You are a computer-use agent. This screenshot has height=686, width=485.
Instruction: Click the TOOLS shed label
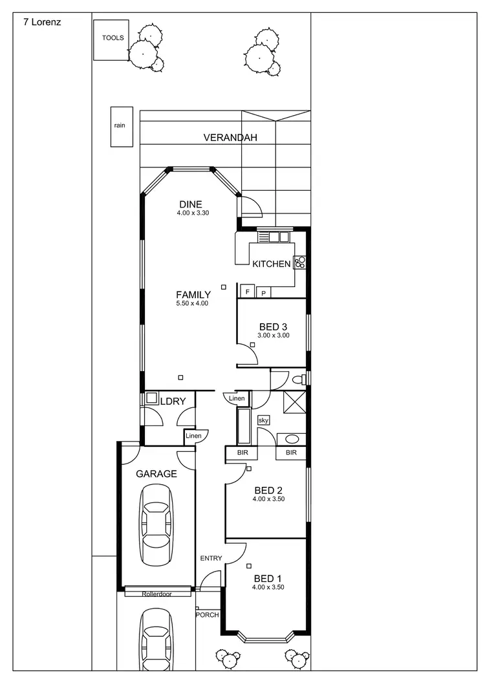click(113, 38)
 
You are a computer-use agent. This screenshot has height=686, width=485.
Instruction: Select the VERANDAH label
click(230, 138)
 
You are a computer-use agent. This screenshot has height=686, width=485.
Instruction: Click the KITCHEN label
click(271, 264)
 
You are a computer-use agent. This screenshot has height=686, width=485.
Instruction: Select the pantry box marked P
click(263, 293)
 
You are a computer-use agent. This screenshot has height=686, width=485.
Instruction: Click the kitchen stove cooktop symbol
click(300, 263)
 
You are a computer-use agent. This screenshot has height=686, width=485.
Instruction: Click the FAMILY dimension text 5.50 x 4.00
click(192, 303)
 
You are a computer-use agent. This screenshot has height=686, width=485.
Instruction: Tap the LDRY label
click(173, 401)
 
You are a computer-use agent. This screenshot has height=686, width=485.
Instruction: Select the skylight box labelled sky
click(264, 420)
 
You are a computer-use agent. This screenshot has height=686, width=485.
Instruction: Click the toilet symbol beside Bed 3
click(299, 379)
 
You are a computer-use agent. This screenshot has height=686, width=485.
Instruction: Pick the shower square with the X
click(295, 403)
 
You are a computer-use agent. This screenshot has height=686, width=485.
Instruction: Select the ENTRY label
click(211, 558)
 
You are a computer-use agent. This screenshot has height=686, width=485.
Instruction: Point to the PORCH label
click(208, 614)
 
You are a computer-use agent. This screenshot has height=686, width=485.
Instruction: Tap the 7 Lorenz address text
click(42, 21)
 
